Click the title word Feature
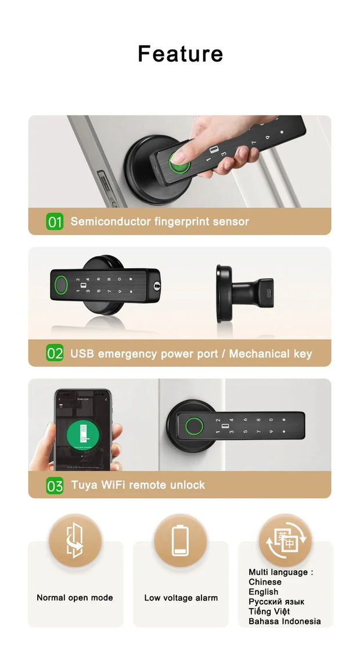180,54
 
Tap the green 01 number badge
55,221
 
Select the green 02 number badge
55,353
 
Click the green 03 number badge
55,485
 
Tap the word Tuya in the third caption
84,485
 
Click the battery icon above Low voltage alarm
181,541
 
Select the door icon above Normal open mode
75,541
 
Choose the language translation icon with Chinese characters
285,541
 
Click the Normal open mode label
75,597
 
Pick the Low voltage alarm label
181,597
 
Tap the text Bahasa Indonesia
285,621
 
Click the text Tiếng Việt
269,611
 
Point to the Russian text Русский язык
276,602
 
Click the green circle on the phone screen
83,433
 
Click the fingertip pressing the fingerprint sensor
181,155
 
